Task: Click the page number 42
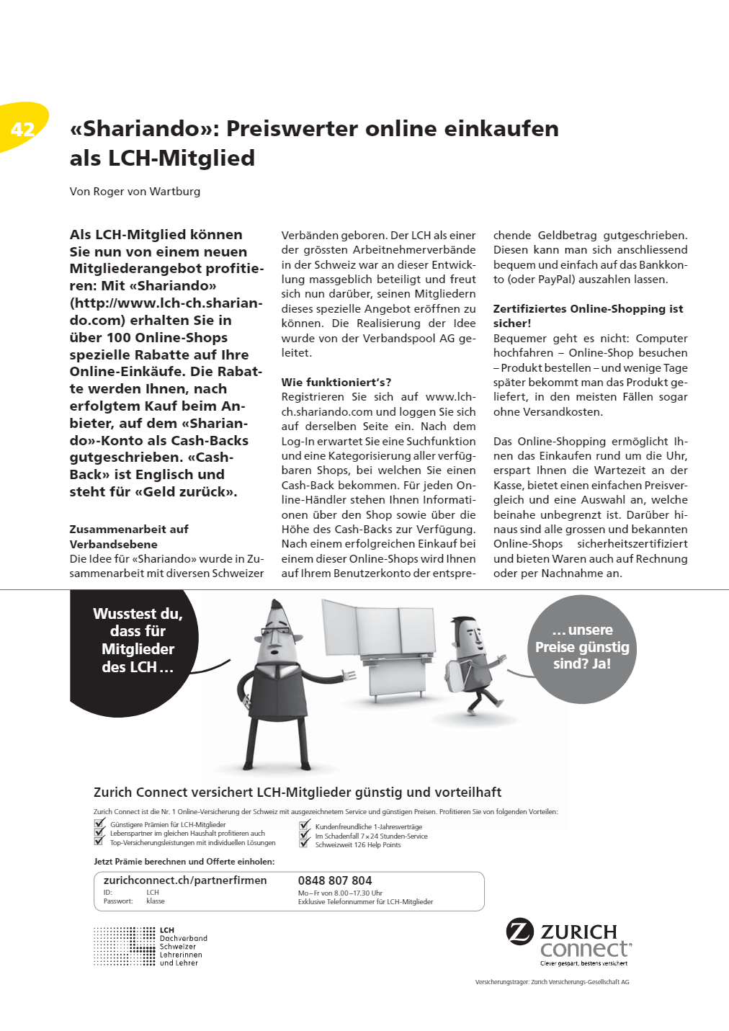[23, 129]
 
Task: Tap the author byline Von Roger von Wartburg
[135, 192]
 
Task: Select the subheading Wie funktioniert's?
[336, 382]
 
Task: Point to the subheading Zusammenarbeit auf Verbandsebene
[129, 536]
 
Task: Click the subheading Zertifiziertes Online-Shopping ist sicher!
[588, 316]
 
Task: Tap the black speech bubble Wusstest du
[138, 640]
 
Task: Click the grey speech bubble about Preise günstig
[582, 647]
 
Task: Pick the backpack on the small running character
[454, 674]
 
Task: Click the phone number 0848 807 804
[335, 880]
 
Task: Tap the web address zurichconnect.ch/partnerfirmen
[185, 880]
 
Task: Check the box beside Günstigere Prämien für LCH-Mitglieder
[99, 824]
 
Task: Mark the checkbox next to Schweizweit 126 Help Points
[305, 844]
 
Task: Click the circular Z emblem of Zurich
[520, 932]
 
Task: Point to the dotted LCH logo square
[125, 946]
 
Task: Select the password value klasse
[156, 901]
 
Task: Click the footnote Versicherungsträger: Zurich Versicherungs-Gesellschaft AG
[552, 982]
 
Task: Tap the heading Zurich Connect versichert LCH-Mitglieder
[298, 793]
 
